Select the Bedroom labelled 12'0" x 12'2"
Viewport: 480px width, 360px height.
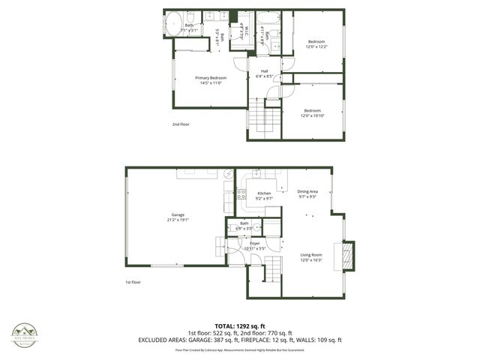[316, 43]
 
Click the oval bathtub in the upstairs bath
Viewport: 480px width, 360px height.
[172, 24]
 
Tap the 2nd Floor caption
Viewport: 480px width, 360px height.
[181, 124]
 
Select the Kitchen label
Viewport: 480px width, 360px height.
[264, 196]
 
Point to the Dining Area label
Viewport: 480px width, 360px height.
[307, 193]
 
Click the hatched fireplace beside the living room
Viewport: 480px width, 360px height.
[347, 255]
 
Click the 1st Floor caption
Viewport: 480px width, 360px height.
[133, 282]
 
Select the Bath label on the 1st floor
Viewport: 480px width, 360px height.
[244, 224]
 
